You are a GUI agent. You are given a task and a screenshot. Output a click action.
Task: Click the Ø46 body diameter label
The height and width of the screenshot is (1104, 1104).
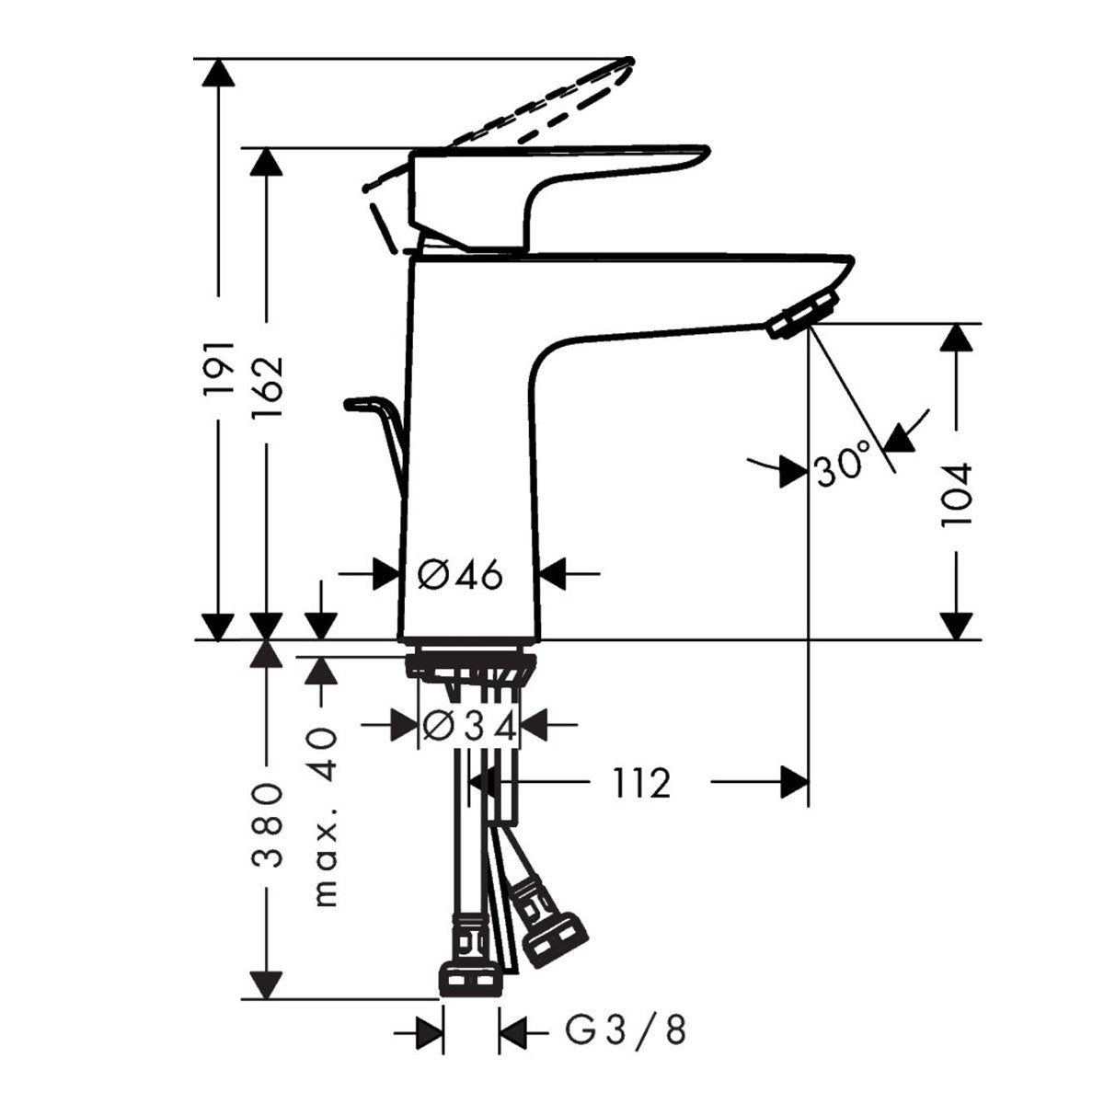[x=460, y=575]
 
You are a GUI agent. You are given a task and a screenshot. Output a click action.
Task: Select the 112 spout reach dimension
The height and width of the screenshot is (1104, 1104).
[x=642, y=783]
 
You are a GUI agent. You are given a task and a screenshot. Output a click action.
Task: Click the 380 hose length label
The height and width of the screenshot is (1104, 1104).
[x=266, y=826]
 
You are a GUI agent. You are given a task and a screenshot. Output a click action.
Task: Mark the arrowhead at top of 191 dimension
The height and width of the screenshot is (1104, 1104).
[x=218, y=74]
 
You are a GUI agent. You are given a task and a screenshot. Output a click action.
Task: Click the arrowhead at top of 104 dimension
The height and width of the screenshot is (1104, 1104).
[x=958, y=339]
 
